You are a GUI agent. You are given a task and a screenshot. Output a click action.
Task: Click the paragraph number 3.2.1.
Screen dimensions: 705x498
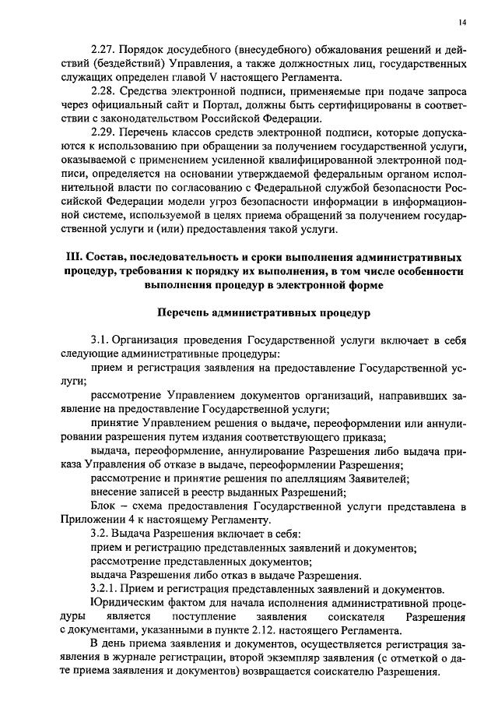[107, 587]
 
